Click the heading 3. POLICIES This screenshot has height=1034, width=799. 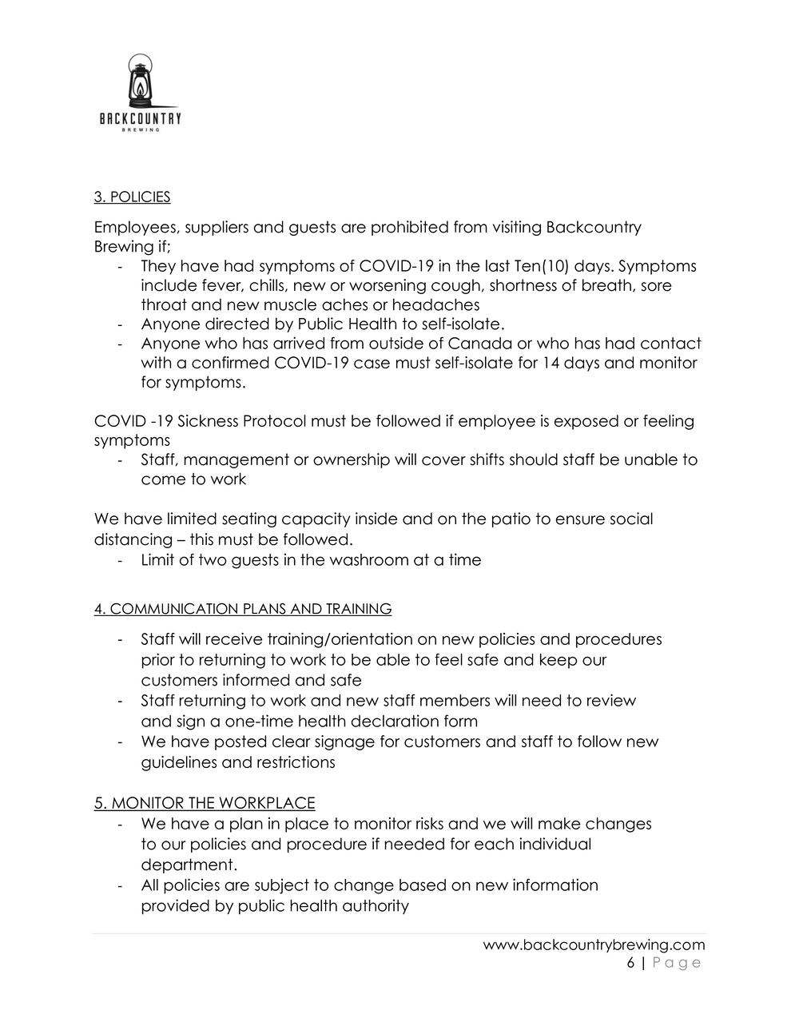(x=132, y=197)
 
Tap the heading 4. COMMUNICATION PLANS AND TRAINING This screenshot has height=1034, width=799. (x=243, y=609)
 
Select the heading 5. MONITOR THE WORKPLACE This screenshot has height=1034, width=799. (x=205, y=803)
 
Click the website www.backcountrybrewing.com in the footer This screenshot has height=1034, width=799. (x=594, y=945)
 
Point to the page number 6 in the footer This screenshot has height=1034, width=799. (x=630, y=963)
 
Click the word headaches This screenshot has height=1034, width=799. (x=443, y=304)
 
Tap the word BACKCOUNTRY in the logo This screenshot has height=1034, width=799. (x=141, y=119)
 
